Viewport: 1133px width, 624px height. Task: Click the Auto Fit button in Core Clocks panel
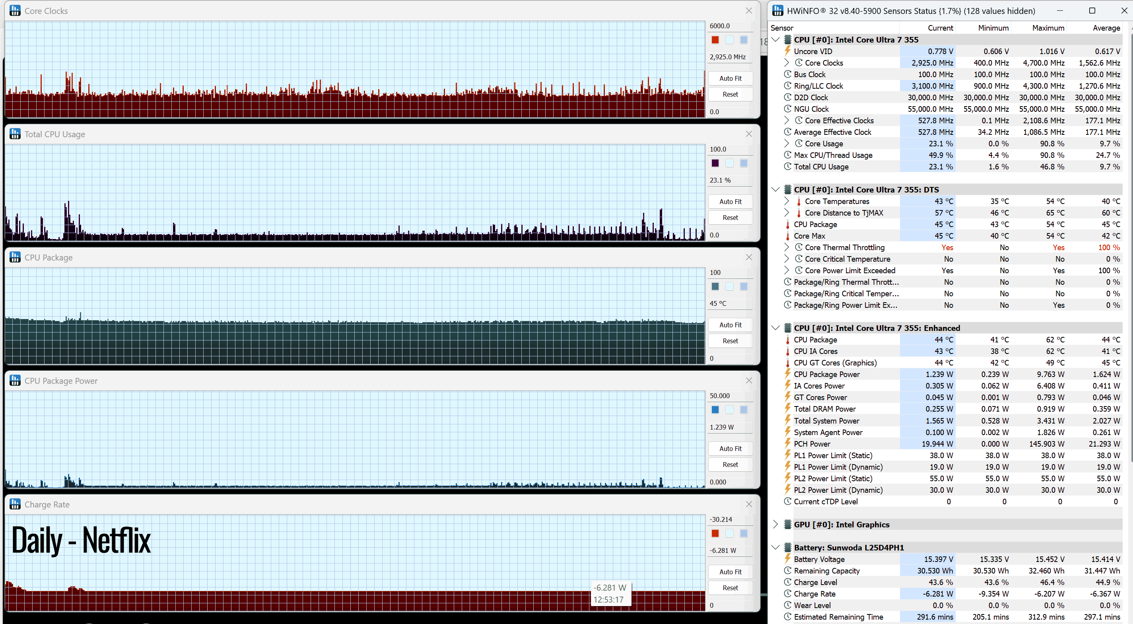click(730, 78)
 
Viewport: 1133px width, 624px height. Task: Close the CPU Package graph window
click(748, 257)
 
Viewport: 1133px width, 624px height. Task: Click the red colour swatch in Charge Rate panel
click(715, 533)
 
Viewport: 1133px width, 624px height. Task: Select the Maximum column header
click(1048, 28)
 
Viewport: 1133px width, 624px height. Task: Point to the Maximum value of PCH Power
click(1046, 444)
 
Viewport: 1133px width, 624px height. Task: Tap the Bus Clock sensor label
click(809, 74)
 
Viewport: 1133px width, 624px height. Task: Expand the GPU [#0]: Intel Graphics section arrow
click(775, 524)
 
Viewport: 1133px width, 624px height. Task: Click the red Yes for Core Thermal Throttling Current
click(947, 248)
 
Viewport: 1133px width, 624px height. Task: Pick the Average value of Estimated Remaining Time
click(1102, 617)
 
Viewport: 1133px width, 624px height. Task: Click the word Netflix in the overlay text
click(117, 540)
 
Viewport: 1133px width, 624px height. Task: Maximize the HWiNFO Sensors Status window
click(1092, 11)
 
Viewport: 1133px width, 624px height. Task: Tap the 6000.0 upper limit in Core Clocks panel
click(719, 26)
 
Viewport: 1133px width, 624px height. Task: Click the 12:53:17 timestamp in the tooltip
click(608, 599)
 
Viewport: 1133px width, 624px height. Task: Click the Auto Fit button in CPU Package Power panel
click(730, 449)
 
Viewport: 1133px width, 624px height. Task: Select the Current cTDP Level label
click(826, 502)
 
